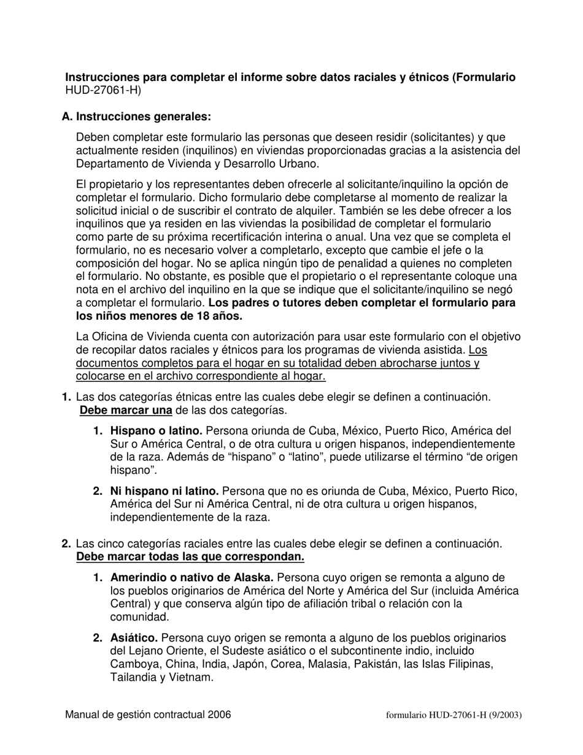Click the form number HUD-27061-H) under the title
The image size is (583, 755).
click(102, 91)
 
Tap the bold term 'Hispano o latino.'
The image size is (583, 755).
click(156, 431)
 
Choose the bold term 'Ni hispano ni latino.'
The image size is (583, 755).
click(164, 491)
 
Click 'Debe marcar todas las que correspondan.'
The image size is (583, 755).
click(190, 557)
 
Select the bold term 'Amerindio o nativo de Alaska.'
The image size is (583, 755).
click(192, 578)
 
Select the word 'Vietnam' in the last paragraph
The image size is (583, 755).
click(193, 678)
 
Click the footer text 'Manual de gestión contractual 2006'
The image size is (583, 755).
click(148, 714)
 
